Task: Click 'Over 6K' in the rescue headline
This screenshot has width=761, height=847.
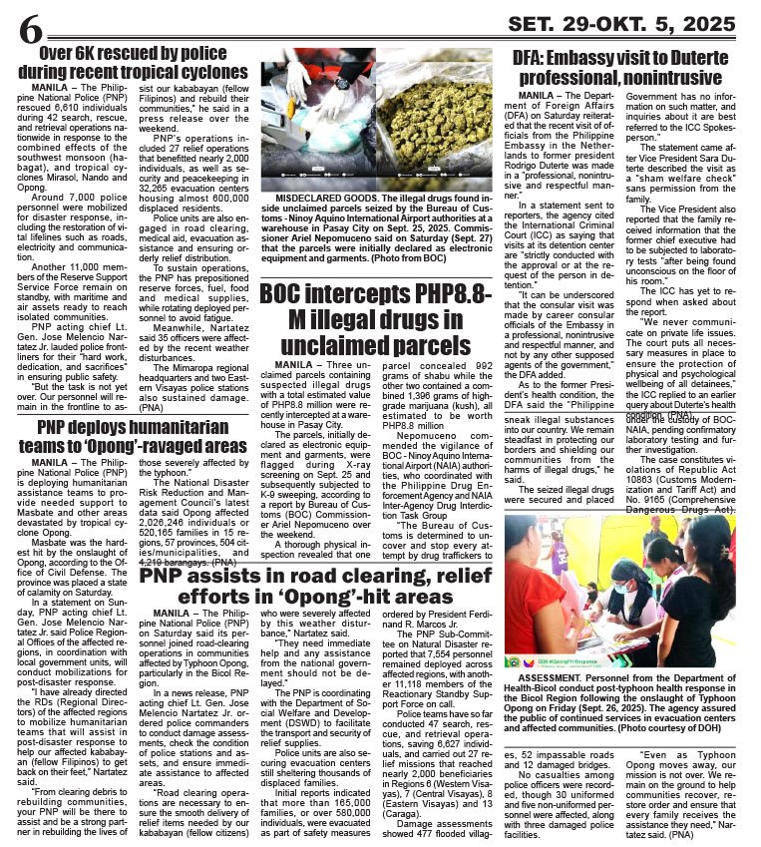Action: (x=79, y=53)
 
